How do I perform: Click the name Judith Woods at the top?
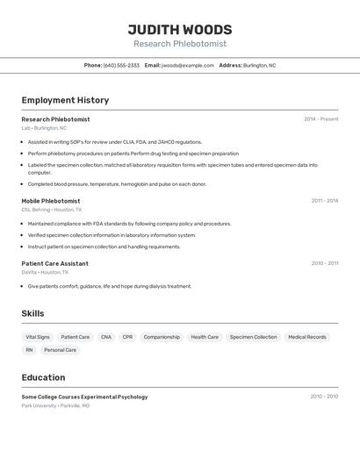coord(180,29)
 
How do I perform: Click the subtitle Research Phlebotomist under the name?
coord(180,44)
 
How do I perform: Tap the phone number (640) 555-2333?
coord(121,65)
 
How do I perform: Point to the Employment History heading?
coord(65,101)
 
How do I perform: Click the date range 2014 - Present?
coord(320,119)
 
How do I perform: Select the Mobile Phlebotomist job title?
coord(51,201)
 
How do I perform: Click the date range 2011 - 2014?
coord(324,201)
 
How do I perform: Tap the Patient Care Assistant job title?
coord(54,263)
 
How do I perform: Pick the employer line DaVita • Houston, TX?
coord(45,272)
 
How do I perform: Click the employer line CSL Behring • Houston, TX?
coord(52,210)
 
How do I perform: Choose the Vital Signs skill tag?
coord(38,337)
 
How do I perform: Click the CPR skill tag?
coord(127,337)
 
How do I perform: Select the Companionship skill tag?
coord(162,337)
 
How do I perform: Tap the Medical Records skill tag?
coord(306,337)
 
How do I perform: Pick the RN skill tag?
coord(29,350)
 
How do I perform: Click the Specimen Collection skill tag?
coord(253,337)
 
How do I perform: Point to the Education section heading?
coord(43,377)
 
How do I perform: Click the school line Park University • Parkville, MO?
coord(55,406)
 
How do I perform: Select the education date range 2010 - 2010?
coord(324,397)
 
